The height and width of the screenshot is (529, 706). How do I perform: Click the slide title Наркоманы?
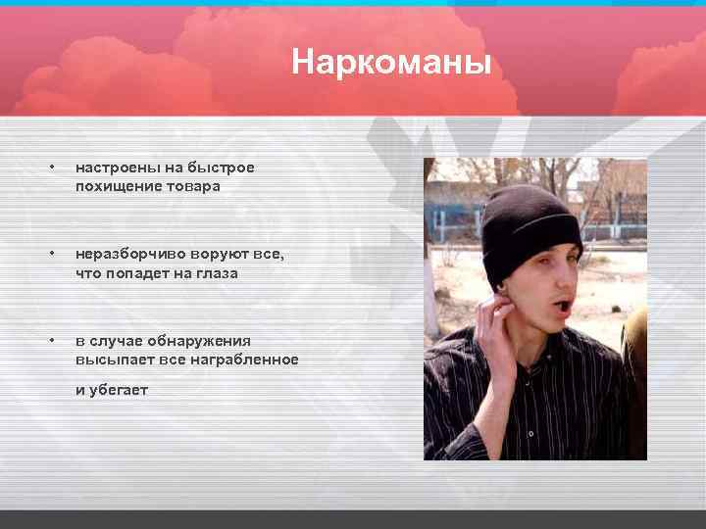390,64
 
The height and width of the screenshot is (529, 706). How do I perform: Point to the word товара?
195,186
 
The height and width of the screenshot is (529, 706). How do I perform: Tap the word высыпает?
110,360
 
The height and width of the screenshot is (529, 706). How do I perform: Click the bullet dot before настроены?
50,168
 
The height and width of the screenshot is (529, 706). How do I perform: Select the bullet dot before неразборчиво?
50,254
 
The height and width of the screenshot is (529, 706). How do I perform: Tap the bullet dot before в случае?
50,340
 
